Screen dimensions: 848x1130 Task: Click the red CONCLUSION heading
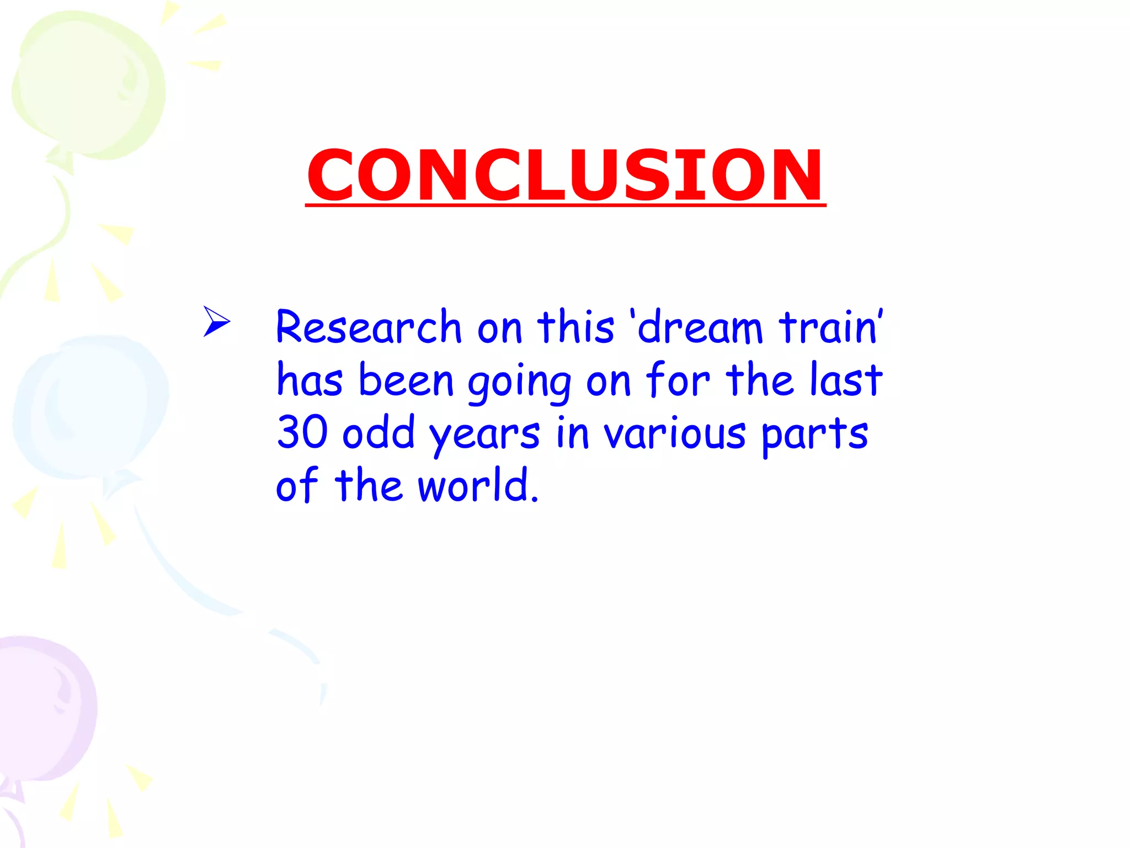click(x=565, y=176)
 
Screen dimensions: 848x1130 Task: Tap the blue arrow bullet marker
click(x=216, y=321)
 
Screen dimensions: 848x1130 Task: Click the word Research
click(x=368, y=327)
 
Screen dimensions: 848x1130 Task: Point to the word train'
click(x=830, y=327)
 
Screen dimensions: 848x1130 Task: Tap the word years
click(x=484, y=435)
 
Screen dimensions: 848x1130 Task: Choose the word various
click(x=674, y=433)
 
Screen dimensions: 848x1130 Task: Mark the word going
click(x=519, y=382)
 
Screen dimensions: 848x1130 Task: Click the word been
click(x=406, y=380)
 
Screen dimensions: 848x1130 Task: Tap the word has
click(x=310, y=380)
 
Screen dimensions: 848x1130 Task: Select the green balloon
click(x=88, y=83)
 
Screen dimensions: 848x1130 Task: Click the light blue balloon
click(x=91, y=406)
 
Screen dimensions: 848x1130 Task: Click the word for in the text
click(x=678, y=380)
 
